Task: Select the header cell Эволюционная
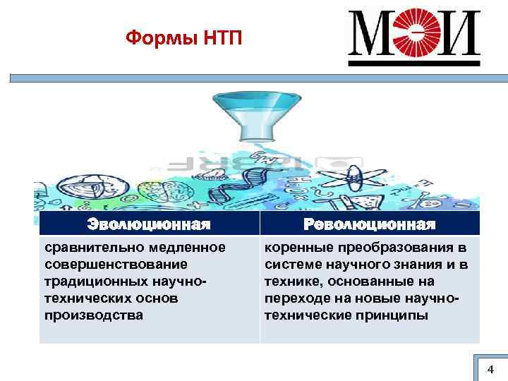click(x=149, y=224)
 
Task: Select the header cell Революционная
click(x=368, y=224)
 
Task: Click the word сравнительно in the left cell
click(x=87, y=248)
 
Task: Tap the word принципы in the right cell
click(x=394, y=315)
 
